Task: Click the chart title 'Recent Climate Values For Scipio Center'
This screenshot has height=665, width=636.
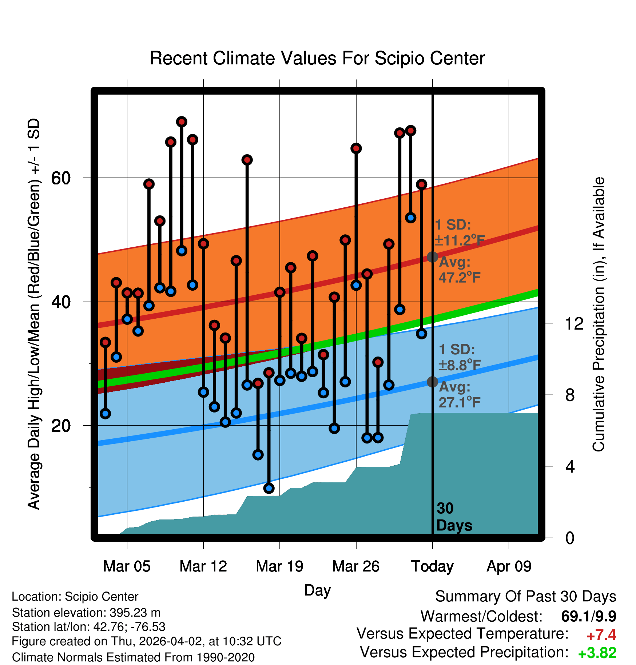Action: (x=317, y=58)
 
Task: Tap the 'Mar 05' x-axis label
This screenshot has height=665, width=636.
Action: (x=127, y=566)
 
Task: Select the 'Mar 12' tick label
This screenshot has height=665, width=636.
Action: (x=203, y=566)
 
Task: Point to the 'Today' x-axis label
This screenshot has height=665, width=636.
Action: (x=432, y=566)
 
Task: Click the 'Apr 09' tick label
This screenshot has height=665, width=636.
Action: (x=509, y=566)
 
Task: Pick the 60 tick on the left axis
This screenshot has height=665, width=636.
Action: (x=61, y=178)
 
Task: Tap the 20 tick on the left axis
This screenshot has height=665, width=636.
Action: (x=61, y=426)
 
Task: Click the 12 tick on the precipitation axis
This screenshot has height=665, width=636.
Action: (x=574, y=323)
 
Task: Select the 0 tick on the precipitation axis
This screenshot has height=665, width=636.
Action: (x=570, y=538)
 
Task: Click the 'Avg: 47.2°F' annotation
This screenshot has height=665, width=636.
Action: (x=459, y=270)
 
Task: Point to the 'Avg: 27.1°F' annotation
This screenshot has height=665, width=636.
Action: (x=459, y=394)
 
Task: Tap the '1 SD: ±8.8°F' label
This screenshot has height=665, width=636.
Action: (x=459, y=357)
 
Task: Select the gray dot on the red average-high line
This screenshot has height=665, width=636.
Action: (x=432, y=257)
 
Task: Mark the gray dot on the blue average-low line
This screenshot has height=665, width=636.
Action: (x=432, y=382)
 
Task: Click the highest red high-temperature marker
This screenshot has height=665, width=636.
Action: (x=182, y=122)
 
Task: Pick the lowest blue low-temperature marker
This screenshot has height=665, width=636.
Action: (x=269, y=488)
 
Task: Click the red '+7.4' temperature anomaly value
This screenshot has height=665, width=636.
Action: (x=601, y=635)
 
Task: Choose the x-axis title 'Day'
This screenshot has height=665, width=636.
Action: (x=317, y=590)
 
